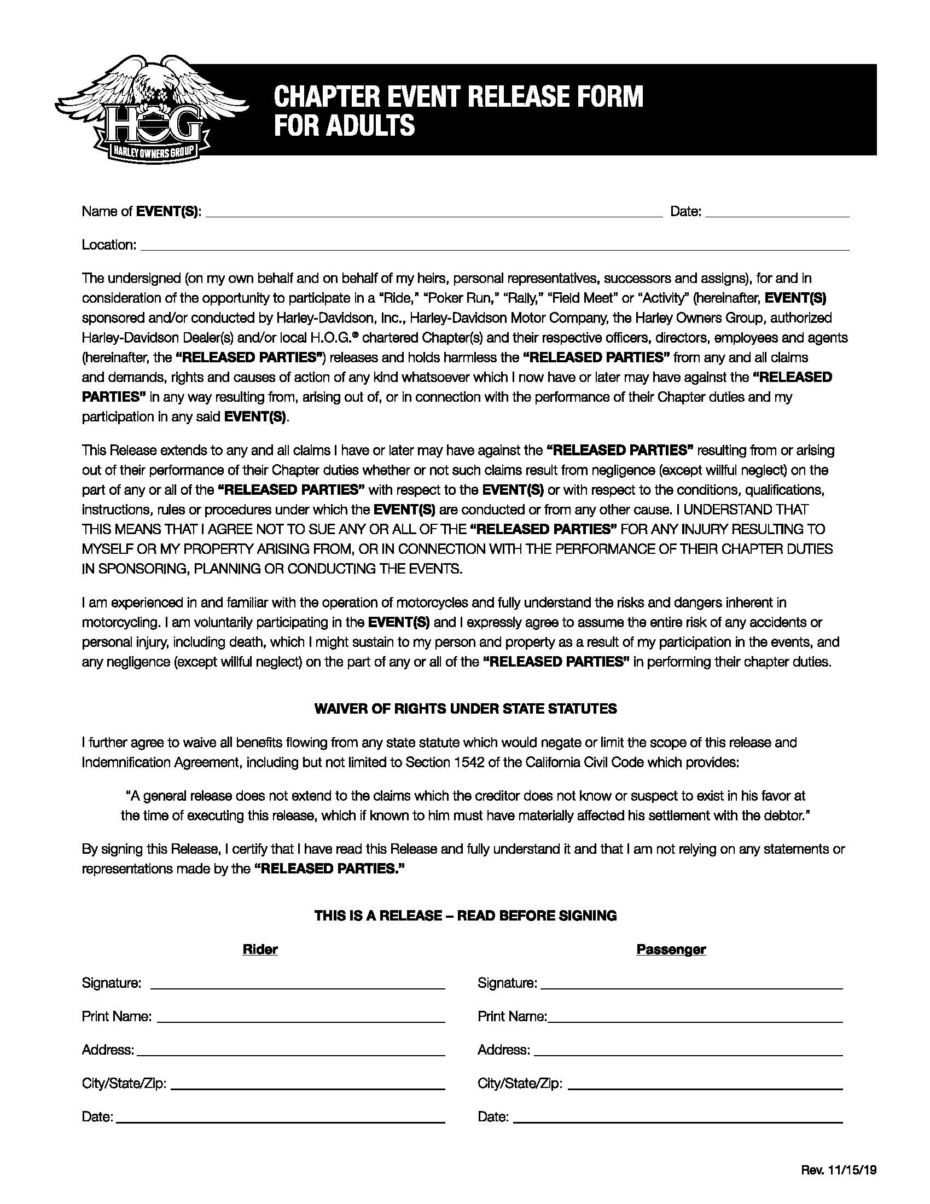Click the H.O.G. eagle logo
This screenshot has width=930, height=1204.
152,110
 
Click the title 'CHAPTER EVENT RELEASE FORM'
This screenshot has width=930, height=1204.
458,96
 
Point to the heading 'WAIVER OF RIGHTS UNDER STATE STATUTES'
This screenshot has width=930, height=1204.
465,709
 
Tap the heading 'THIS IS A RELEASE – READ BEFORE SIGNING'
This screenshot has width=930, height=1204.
465,916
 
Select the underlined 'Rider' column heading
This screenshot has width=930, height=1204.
260,950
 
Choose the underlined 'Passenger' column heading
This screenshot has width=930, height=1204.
671,950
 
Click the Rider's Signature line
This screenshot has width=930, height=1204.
298,985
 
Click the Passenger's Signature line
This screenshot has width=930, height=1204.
691,985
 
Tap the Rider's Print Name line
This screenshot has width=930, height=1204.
301,1018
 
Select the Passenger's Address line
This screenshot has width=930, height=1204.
688,1051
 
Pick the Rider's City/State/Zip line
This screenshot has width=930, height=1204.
308,1085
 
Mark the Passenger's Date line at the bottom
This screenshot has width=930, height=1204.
678,1118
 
